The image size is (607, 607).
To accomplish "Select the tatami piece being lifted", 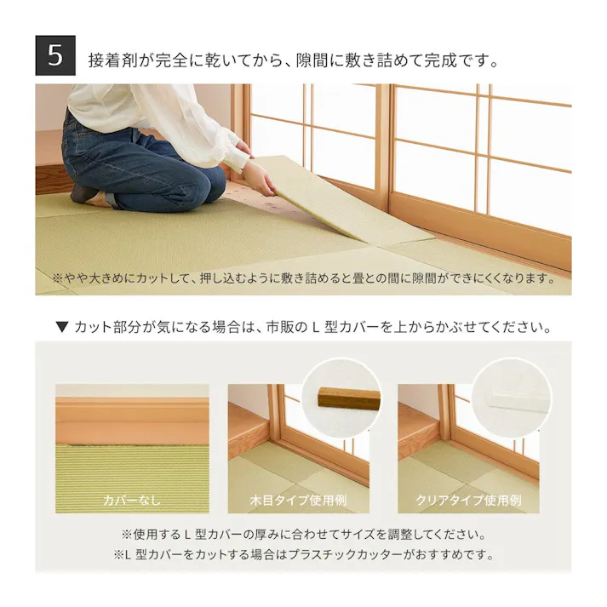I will [341, 200].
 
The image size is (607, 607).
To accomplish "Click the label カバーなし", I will [131, 500].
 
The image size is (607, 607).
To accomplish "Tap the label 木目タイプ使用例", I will [298, 500].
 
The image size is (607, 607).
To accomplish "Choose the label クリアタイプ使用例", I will [467, 500].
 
